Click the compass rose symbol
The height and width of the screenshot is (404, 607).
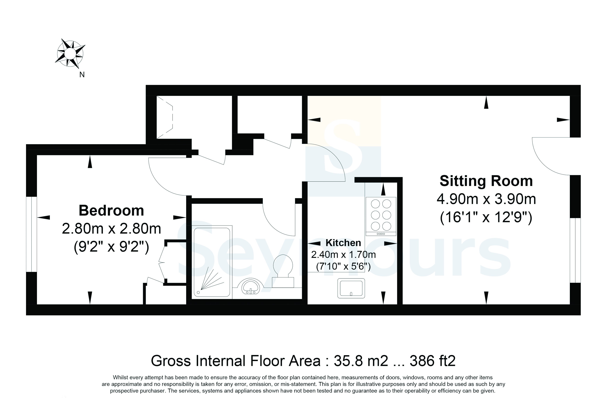70,54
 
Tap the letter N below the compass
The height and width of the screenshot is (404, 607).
82,75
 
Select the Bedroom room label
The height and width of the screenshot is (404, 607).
111,211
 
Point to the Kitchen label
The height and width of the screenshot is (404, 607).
343,243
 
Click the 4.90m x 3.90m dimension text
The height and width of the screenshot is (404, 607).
486,199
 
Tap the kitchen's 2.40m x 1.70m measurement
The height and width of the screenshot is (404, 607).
343,255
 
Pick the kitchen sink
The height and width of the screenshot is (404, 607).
351,288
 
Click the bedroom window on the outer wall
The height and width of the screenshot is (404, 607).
32,234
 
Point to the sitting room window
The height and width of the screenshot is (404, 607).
575,250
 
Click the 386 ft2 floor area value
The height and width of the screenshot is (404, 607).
433,361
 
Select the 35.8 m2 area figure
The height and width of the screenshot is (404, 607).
361,361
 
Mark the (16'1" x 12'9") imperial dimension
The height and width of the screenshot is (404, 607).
486,218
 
